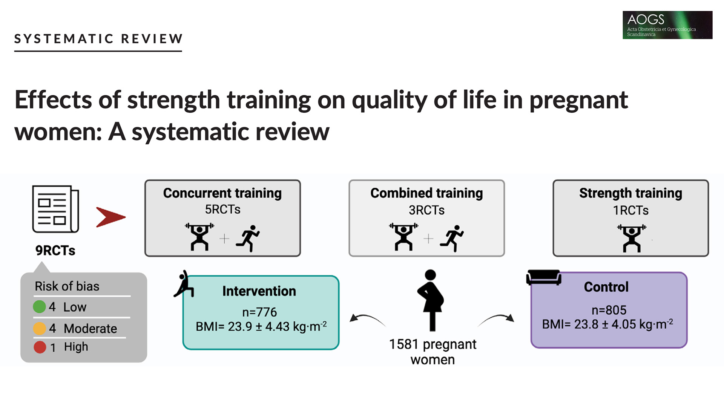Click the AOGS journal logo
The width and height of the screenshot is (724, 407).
[x=667, y=25]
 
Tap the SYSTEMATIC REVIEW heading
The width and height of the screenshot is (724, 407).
[x=98, y=39]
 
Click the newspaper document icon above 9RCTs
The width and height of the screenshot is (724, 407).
[x=55, y=209]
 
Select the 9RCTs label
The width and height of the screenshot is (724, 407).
[x=55, y=251]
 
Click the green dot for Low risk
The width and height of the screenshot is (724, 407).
[x=39, y=307]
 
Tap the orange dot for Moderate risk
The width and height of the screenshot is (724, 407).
[x=39, y=328]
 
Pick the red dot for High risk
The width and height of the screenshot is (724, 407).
[x=40, y=347]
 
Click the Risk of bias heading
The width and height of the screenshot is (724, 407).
[x=67, y=286]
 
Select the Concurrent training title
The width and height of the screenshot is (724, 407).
[x=222, y=193]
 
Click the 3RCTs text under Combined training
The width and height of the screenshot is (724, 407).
[x=427, y=210]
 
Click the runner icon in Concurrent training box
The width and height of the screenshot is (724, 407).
[x=248, y=238]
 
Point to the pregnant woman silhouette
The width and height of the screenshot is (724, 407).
[x=431, y=300]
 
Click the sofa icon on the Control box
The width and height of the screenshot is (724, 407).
[x=544, y=278]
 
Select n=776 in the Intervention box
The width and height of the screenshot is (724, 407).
[x=259, y=312]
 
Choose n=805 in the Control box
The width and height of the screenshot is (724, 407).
[x=609, y=310]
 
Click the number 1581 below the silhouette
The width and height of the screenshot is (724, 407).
[x=403, y=344]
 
